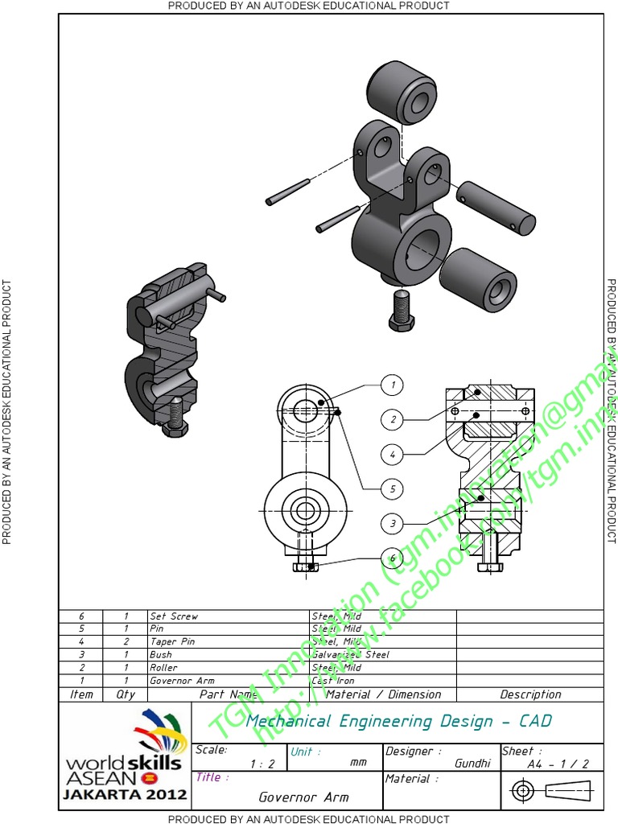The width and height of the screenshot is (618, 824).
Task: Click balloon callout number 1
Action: click(392, 385)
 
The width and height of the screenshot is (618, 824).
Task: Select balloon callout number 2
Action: click(392, 419)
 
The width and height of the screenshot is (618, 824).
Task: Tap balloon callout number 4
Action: click(392, 454)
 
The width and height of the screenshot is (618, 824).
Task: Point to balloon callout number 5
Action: click(392, 488)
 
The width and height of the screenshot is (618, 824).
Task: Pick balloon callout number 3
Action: click(392, 523)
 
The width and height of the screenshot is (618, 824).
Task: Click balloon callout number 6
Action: click(392, 558)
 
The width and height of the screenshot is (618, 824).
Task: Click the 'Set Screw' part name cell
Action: click(174, 616)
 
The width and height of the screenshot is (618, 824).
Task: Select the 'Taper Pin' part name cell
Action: click(172, 642)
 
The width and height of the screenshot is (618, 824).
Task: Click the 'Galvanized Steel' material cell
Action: click(351, 655)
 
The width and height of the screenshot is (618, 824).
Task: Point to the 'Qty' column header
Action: click(126, 694)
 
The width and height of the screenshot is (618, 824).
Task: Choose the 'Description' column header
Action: click(530, 694)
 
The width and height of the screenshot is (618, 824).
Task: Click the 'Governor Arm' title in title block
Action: click(303, 797)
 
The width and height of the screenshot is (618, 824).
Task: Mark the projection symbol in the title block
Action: click(551, 791)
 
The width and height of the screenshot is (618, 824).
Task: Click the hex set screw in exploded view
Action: click(401, 310)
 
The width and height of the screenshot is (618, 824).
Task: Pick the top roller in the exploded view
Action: click(400, 92)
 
